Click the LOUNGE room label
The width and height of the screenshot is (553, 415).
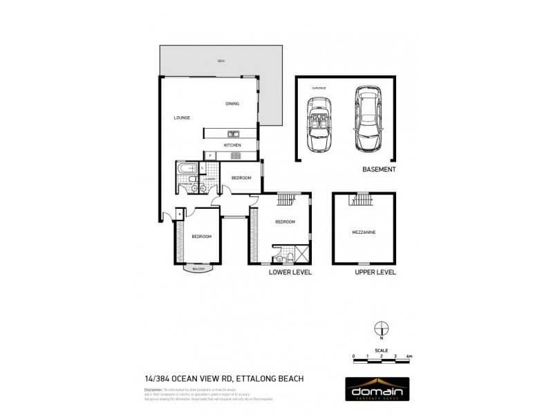pos(182,118)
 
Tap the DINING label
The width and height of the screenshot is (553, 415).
pos(232,104)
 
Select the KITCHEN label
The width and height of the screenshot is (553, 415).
pos(232,145)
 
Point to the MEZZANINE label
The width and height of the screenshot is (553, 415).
pos(365,232)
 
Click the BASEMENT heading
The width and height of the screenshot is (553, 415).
pos(379,169)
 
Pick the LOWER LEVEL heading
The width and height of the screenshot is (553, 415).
pos(290,273)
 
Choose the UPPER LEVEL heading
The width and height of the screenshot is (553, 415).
pos(375,273)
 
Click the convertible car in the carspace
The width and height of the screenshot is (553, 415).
pos(319,124)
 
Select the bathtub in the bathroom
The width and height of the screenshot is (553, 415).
pos(187,169)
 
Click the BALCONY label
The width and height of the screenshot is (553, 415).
pos(199,268)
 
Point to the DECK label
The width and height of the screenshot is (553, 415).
pos(221,62)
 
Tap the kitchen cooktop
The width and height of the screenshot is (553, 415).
pos(235,156)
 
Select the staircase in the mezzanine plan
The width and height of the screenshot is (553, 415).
pos(361,201)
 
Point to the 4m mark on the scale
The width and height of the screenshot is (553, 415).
pos(409,356)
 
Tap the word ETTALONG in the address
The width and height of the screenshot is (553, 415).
pos(256,378)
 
